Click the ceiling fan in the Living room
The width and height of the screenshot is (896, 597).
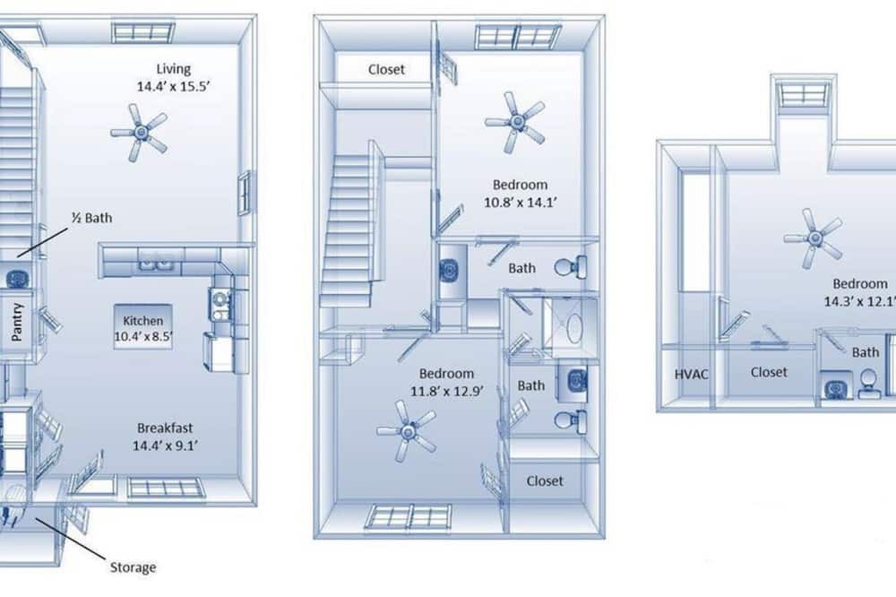coord(140,133)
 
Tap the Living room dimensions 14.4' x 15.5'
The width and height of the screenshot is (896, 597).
coord(174,86)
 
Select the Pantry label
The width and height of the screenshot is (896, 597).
coord(17,322)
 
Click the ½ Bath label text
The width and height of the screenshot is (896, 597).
coord(91,218)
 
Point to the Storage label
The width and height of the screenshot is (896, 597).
coord(133,567)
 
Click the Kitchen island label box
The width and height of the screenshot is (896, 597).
coord(142,327)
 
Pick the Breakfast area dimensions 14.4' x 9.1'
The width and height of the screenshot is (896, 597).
coord(165,446)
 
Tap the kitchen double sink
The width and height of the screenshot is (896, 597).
coord(155,264)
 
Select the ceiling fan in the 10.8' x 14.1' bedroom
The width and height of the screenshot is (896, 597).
coord(516,122)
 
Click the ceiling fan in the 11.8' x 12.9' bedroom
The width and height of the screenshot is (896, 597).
coord(407,431)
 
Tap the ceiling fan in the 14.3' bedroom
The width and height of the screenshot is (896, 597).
coord(814,238)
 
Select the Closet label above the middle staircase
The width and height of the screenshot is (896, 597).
coord(386,70)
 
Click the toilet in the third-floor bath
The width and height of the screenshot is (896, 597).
coord(868,383)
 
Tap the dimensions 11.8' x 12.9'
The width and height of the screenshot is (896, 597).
coord(447,391)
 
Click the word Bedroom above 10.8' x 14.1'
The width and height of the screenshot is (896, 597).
coord(520,185)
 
